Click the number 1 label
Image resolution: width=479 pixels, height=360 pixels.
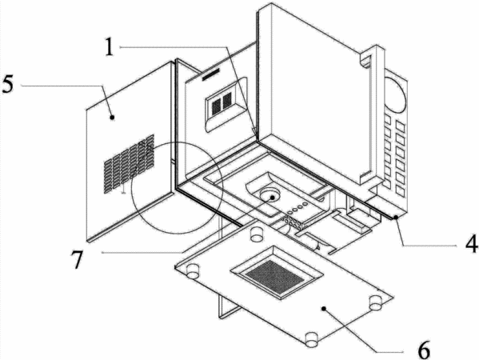[x=109, y=46]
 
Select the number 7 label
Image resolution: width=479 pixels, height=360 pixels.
[x=78, y=259]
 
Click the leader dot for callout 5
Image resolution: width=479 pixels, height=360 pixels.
[x=112, y=117]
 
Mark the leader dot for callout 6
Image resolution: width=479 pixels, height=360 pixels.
[x=324, y=309]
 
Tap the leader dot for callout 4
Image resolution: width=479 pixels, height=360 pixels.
[x=396, y=218]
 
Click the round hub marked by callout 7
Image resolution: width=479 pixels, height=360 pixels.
[x=269, y=195]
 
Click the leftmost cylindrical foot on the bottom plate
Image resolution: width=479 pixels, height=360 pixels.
[x=193, y=270]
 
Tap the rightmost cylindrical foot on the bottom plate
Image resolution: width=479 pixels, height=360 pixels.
[x=376, y=302]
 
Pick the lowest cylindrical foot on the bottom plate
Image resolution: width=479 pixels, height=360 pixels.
[x=312, y=339]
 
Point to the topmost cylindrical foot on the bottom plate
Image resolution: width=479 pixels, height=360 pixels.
[x=257, y=234]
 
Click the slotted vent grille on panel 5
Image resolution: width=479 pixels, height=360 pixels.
[x=129, y=164]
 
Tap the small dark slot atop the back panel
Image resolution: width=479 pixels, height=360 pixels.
[x=211, y=74]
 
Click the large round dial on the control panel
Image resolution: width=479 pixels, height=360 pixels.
[x=395, y=94]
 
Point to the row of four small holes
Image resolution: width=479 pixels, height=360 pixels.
[x=297, y=208]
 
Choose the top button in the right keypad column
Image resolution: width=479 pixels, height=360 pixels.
[x=400, y=126]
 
